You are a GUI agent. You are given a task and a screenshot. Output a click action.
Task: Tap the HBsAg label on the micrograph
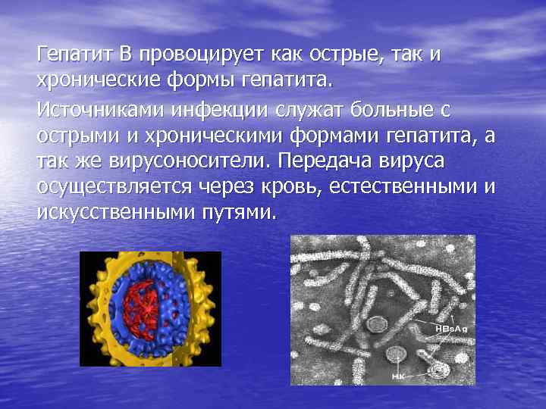coord(451,329)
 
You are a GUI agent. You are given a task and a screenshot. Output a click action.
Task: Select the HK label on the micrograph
coord(397,376)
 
